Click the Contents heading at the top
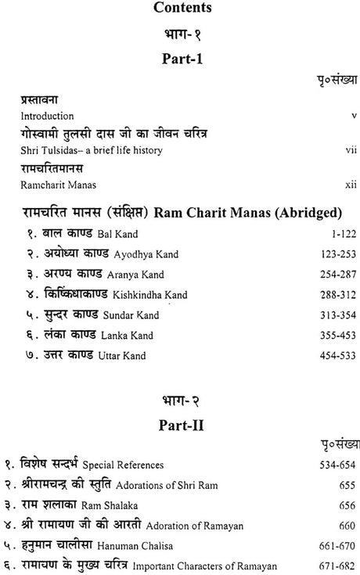point(179,11)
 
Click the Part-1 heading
point(179,59)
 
